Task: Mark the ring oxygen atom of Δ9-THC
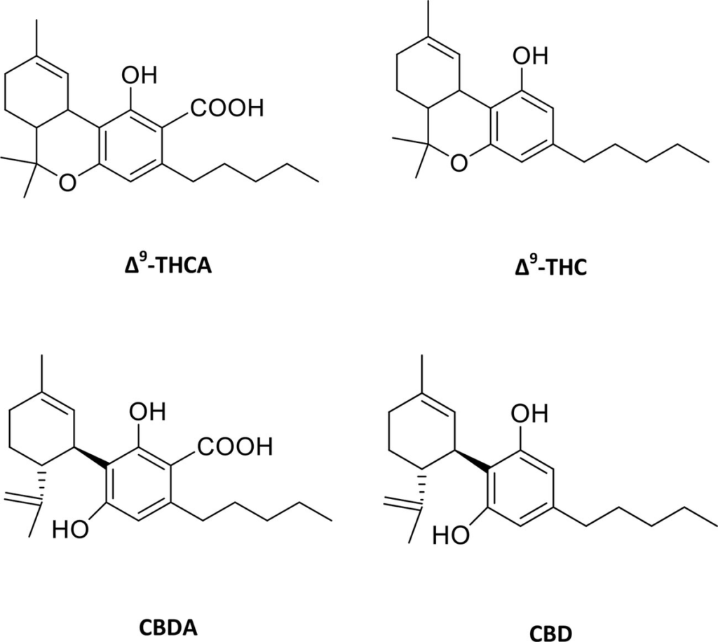458,163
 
